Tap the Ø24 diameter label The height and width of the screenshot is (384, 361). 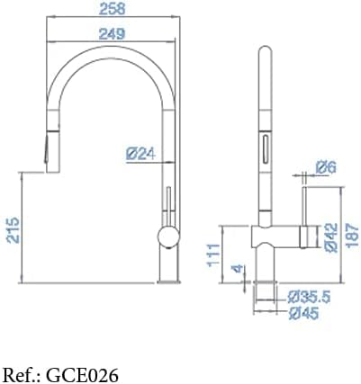point(141,155)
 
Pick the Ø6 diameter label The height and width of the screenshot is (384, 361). point(326,166)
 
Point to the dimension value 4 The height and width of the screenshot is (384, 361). point(235,269)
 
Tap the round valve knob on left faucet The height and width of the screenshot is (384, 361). point(167,237)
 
